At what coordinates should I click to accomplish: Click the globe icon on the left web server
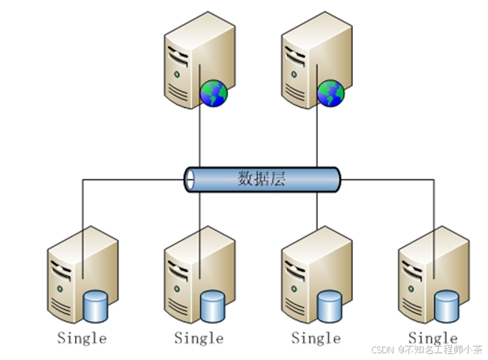[214, 94]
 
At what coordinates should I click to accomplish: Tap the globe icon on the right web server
[331, 94]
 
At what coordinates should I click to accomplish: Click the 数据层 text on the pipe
[262, 179]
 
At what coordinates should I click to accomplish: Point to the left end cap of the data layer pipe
[190, 179]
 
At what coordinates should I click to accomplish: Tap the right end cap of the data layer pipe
[334, 179]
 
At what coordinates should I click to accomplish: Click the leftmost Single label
[82, 338]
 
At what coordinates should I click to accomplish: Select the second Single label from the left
[199, 338]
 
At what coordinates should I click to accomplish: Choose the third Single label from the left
[316, 338]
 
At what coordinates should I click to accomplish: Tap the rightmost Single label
[433, 338]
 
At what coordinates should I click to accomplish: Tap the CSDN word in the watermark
[383, 349]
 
